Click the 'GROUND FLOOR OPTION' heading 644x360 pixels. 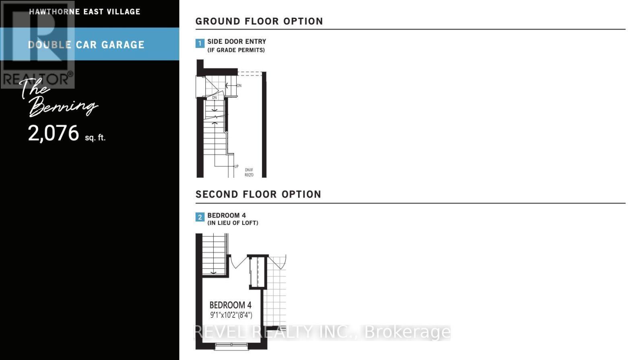coord(259,21)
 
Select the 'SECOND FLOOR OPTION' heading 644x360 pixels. coord(258,194)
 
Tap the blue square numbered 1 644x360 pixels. coord(200,43)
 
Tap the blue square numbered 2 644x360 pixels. coord(200,217)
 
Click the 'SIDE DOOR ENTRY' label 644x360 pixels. coord(237,41)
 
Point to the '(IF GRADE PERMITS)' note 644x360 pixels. coord(236,50)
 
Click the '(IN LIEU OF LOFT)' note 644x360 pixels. coord(233,223)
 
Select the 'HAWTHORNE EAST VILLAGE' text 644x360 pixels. coord(85,12)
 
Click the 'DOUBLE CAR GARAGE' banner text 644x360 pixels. coord(86,45)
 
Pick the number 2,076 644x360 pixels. coord(54,133)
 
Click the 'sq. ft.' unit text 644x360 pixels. coord(95,138)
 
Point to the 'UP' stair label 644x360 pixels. coord(236,167)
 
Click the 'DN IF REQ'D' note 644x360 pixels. coord(249,173)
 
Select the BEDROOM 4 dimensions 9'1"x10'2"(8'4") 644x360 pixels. coord(231,315)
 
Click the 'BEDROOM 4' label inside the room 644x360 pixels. coord(230,305)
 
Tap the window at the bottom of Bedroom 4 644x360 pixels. coord(231,345)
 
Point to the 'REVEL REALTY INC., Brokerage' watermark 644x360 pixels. coord(322,332)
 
